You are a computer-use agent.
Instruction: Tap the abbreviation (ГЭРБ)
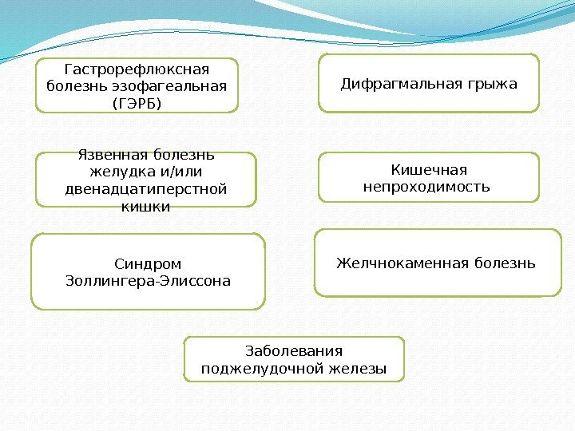[x=137, y=103]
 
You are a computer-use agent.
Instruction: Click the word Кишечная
[x=429, y=169]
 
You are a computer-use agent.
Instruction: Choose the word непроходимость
[x=426, y=187]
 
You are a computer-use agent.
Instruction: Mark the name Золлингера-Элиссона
[x=148, y=281]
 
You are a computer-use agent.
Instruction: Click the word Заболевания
[x=294, y=351]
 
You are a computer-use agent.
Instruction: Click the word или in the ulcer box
[x=188, y=172]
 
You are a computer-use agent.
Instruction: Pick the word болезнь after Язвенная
[x=185, y=156]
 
